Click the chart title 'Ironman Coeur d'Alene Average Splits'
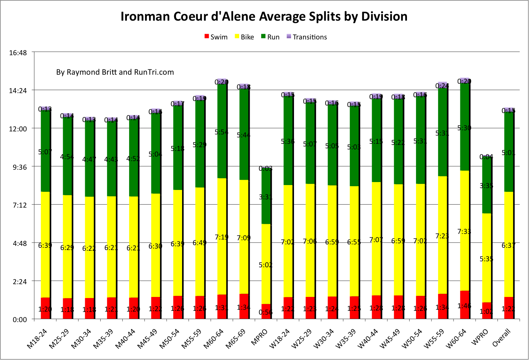tap(264, 17)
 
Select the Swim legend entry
tap(216, 37)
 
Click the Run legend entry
tap(270, 37)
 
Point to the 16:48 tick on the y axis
tap(18, 53)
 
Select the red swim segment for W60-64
tap(464, 305)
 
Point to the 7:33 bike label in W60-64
tap(464, 232)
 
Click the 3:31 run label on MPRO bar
tap(266, 197)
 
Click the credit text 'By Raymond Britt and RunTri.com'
tap(115, 72)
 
